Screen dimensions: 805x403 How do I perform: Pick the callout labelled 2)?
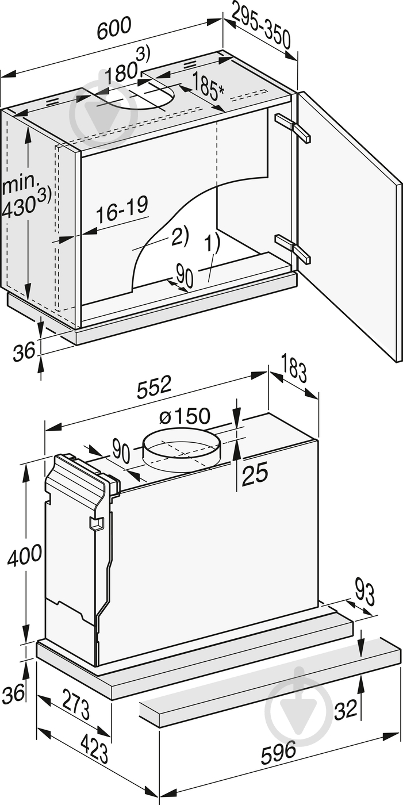coord(178,236)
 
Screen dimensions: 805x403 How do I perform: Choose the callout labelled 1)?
coord(212,244)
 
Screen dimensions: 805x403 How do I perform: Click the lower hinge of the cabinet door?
coord(293,247)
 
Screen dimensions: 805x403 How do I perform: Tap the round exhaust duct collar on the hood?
coord(182,450)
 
